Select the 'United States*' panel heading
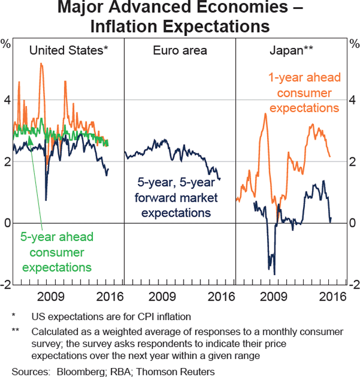[68, 50]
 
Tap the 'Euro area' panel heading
[179, 50]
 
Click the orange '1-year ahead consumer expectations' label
[304, 92]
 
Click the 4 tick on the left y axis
[7, 100]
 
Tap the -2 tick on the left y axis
[6, 285]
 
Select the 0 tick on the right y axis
[353, 223]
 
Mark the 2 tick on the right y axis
[353, 161]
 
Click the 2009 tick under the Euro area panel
[162, 296]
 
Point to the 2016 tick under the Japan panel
[333, 296]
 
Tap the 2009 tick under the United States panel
[50, 296]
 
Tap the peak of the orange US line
[41, 63]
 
